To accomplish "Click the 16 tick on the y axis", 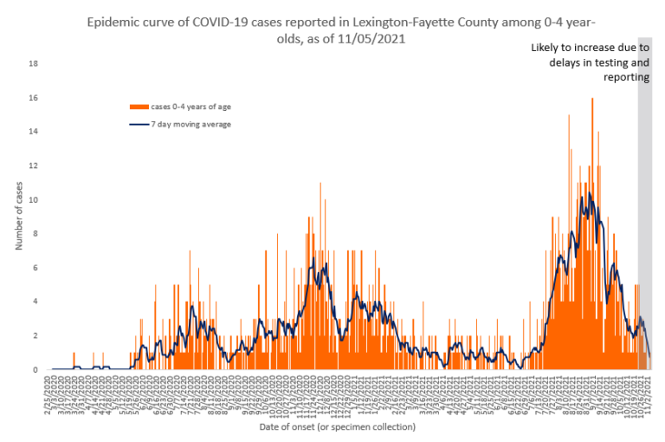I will (34, 98).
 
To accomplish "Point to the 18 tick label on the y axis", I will (34, 64).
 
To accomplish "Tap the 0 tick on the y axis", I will (36, 369).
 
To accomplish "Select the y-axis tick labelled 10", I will (34, 199).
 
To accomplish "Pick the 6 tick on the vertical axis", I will (36, 268).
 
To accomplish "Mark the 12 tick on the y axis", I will (34, 166).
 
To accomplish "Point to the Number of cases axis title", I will (18, 217).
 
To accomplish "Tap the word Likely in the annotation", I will (547, 48).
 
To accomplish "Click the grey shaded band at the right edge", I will (643, 217).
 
